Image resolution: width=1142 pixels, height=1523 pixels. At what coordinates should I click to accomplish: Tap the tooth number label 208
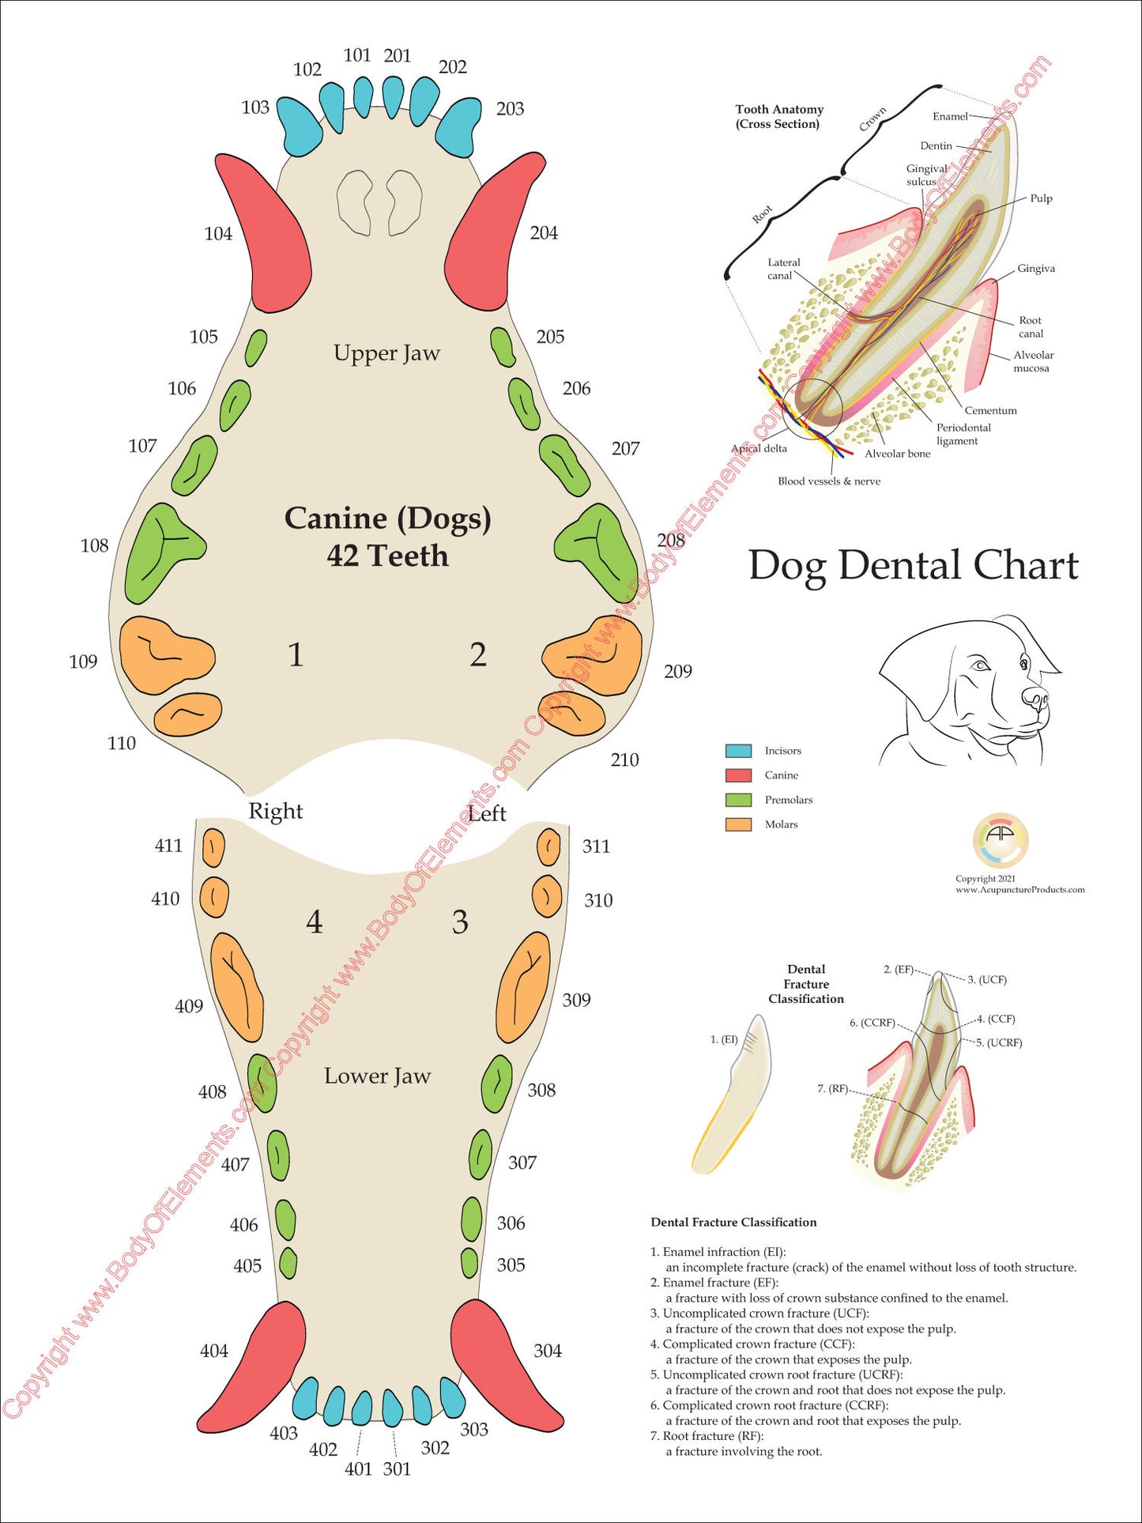pyautogui.click(x=671, y=540)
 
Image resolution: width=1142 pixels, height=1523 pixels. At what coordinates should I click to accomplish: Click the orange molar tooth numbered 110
pyautogui.click(x=187, y=714)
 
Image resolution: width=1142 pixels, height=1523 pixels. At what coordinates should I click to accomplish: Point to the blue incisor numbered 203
pyautogui.click(x=458, y=126)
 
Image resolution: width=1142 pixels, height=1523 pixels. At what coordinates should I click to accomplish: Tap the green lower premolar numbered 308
pyautogui.click(x=496, y=1084)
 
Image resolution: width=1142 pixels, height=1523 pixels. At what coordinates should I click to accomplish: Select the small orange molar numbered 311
pyautogui.click(x=548, y=848)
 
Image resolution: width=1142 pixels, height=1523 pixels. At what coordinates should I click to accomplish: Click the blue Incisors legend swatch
pyautogui.click(x=738, y=751)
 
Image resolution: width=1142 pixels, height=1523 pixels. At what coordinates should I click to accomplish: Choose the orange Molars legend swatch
pyautogui.click(x=738, y=824)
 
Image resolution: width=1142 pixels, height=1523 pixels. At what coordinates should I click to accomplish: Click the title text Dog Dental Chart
pyautogui.click(x=913, y=566)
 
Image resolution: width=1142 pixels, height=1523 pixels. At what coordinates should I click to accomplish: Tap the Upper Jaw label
pyautogui.click(x=386, y=353)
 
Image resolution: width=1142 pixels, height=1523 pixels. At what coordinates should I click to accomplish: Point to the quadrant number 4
pyautogui.click(x=315, y=922)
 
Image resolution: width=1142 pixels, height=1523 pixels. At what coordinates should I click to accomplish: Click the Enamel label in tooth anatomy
pyautogui.click(x=949, y=116)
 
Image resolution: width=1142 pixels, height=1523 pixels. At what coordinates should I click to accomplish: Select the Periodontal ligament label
pyautogui.click(x=963, y=434)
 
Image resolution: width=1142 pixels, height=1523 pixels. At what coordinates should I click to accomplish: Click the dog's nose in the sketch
pyautogui.click(x=1035, y=696)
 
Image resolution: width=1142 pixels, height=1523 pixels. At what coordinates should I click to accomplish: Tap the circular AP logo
pyautogui.click(x=1000, y=840)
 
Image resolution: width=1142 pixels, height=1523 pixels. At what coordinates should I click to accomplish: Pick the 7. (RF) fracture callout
pyautogui.click(x=832, y=1088)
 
